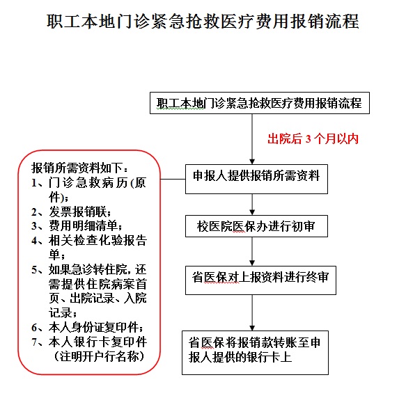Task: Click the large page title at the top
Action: click(203, 21)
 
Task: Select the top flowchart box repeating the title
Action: click(260, 103)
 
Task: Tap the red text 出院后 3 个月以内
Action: click(313, 138)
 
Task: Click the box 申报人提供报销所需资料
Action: click(256, 179)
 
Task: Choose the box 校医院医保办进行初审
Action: click(256, 226)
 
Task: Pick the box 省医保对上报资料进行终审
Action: click(260, 280)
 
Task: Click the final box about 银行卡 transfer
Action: click(255, 353)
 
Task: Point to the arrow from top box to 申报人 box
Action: click(252, 139)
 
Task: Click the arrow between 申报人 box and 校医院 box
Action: click(252, 205)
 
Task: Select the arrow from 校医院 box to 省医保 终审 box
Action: click(252, 251)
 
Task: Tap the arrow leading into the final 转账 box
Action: click(252, 312)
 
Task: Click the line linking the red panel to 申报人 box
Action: click(173, 179)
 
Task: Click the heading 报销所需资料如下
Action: click(79, 168)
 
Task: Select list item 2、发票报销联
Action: click(71, 212)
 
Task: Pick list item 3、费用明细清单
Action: click(77, 226)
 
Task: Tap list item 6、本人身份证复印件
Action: click(87, 327)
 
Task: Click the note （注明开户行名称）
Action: click(99, 356)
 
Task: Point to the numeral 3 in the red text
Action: click(308, 139)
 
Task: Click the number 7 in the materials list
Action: click(34, 342)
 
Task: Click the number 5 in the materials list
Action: click(34, 270)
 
